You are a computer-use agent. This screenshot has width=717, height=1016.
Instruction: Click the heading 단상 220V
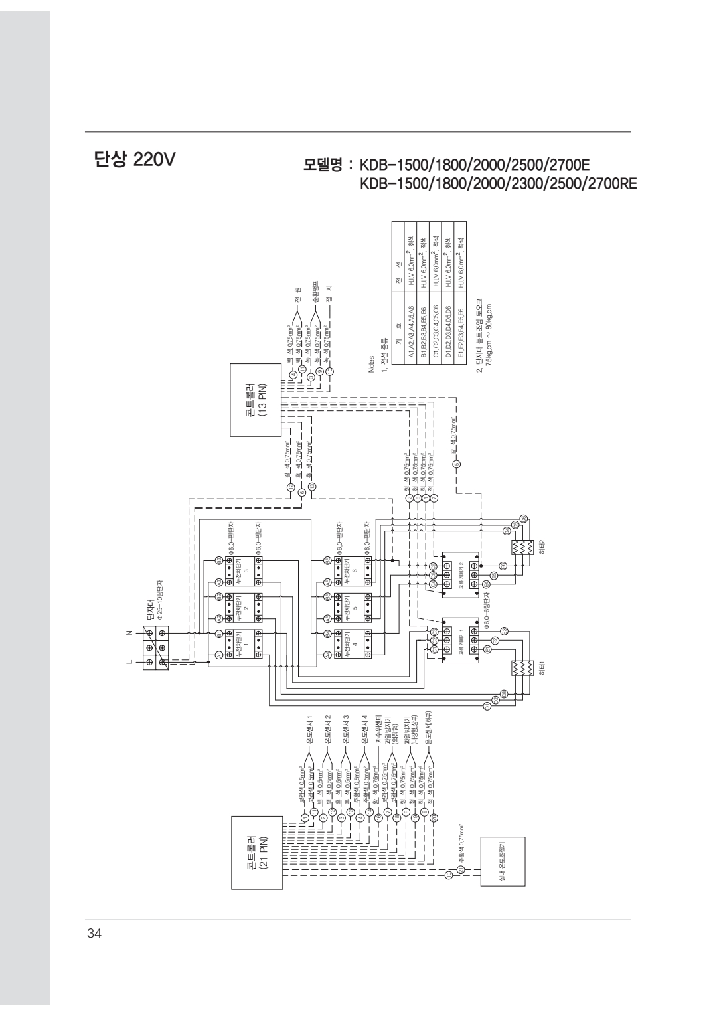[x=131, y=160]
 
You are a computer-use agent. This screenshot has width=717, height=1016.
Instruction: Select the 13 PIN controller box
[x=256, y=400]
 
